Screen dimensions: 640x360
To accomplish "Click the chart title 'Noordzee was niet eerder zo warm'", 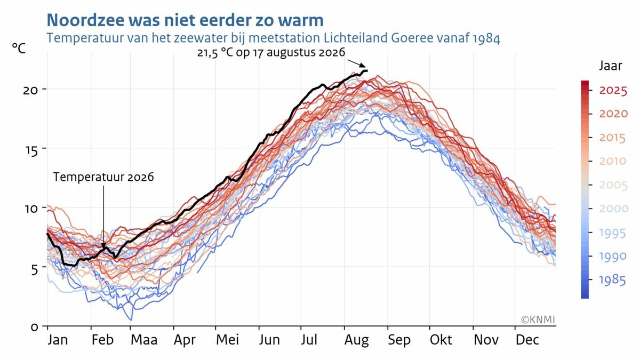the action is coord(185,20).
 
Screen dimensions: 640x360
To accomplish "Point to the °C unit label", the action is coord(19,49).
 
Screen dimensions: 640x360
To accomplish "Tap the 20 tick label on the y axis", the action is coord(30,91).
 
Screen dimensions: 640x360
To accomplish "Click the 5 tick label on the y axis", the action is coord(34,269).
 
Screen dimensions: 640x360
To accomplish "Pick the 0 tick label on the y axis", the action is coord(34,327).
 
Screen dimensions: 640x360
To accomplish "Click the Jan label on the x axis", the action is coord(58,340).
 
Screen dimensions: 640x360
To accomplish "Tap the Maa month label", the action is coord(144,340).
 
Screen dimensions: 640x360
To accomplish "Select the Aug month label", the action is coord(357,341).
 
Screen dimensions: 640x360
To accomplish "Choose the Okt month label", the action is coord(441,340).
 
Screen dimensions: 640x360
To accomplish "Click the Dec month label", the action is coord(527,340).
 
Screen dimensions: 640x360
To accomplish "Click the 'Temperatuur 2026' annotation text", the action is coord(103,177).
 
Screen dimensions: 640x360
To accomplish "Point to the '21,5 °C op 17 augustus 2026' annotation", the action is coord(271,53).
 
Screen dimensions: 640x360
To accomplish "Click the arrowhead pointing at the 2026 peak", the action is coord(363,66).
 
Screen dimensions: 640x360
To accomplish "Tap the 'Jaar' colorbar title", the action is coord(610,66).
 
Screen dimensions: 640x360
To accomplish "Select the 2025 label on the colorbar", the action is coord(613,91).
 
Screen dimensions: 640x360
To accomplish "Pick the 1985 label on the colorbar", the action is coord(612,281).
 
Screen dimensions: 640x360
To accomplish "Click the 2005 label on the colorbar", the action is coord(613,186).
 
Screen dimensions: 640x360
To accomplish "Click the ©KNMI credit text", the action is coord(538,319).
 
